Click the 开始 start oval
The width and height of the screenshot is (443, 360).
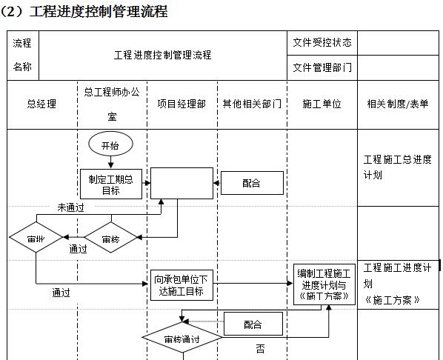[110, 145]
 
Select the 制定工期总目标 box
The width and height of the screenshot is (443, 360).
[110, 184]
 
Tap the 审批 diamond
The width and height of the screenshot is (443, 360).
[36, 239]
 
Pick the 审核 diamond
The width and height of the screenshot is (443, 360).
[110, 239]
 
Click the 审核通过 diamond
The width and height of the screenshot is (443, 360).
[182, 340]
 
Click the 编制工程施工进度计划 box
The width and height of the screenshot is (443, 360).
[325, 284]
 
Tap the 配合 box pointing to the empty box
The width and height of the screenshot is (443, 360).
[252, 183]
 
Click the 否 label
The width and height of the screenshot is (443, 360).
[260, 348]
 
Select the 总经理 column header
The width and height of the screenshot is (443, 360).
[41, 104]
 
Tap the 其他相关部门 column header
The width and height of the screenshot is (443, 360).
[252, 104]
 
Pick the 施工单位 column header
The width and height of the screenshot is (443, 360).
[323, 104]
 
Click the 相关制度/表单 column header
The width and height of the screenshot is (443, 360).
[398, 104]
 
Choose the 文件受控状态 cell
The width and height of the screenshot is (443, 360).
[322, 42]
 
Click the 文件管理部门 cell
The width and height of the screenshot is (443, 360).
[322, 67]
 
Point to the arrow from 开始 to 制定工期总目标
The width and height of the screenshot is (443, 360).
[110, 161]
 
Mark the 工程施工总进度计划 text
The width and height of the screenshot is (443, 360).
[397, 167]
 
